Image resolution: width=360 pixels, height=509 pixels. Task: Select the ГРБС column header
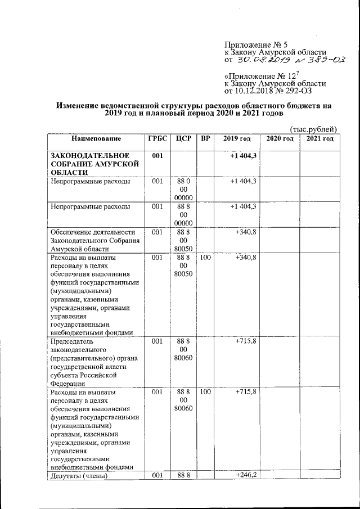[157, 139]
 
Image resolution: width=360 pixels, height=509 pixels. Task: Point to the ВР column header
[205, 139]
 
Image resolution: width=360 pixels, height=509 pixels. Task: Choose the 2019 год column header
[236, 139]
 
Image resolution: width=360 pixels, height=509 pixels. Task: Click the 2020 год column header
[279, 139]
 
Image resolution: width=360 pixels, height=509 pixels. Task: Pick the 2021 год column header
[319, 139]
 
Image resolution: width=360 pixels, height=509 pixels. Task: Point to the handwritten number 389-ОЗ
[321, 59]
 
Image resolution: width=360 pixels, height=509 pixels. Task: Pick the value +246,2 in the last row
[246, 475]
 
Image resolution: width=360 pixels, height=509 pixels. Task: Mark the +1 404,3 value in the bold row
[243, 155]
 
